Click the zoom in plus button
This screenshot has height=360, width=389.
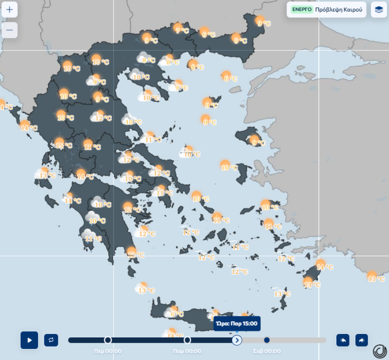9,9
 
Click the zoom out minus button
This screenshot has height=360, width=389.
9,30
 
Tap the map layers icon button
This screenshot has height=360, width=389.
379,9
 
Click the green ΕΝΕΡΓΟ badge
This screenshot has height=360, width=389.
302,9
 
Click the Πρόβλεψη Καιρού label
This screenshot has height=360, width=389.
339,9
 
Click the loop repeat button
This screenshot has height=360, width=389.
51,340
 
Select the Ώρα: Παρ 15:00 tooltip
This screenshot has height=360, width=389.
237,324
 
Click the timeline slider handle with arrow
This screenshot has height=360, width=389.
237,340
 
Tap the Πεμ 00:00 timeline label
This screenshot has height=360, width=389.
107,351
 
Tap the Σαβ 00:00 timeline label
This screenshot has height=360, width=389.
267,351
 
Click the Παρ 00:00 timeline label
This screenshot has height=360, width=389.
187,351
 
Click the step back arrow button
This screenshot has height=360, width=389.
343,340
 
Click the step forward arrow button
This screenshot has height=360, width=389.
362,340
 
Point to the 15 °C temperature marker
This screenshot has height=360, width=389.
63,145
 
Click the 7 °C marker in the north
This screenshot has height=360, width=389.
181,30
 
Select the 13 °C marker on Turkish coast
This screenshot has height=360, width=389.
375,278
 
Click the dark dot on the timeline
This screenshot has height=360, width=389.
267,340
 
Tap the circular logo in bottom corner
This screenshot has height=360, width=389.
379,351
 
